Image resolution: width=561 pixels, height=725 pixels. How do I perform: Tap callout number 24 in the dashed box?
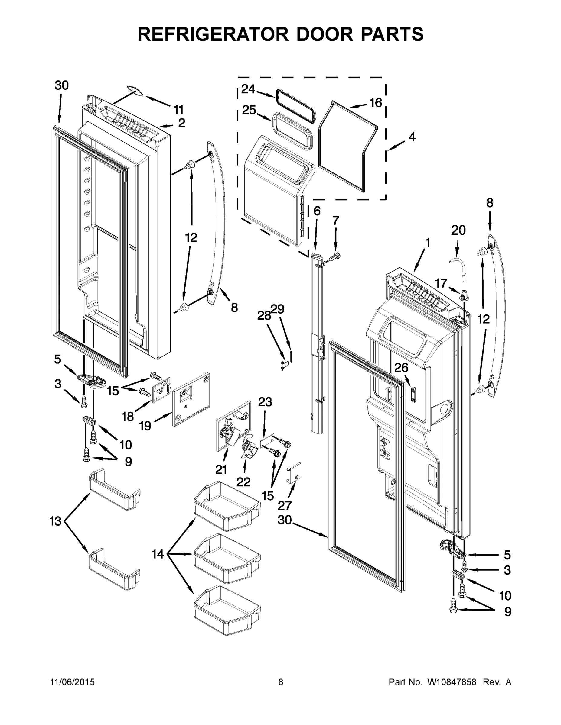coord(248,89)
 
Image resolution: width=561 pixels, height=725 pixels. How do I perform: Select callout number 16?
coord(376,103)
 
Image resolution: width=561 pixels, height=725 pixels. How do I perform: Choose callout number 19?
coord(145,426)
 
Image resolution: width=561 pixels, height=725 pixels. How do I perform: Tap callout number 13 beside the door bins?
coord(56,521)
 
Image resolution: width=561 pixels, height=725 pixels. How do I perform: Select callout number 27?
coord(285,506)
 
